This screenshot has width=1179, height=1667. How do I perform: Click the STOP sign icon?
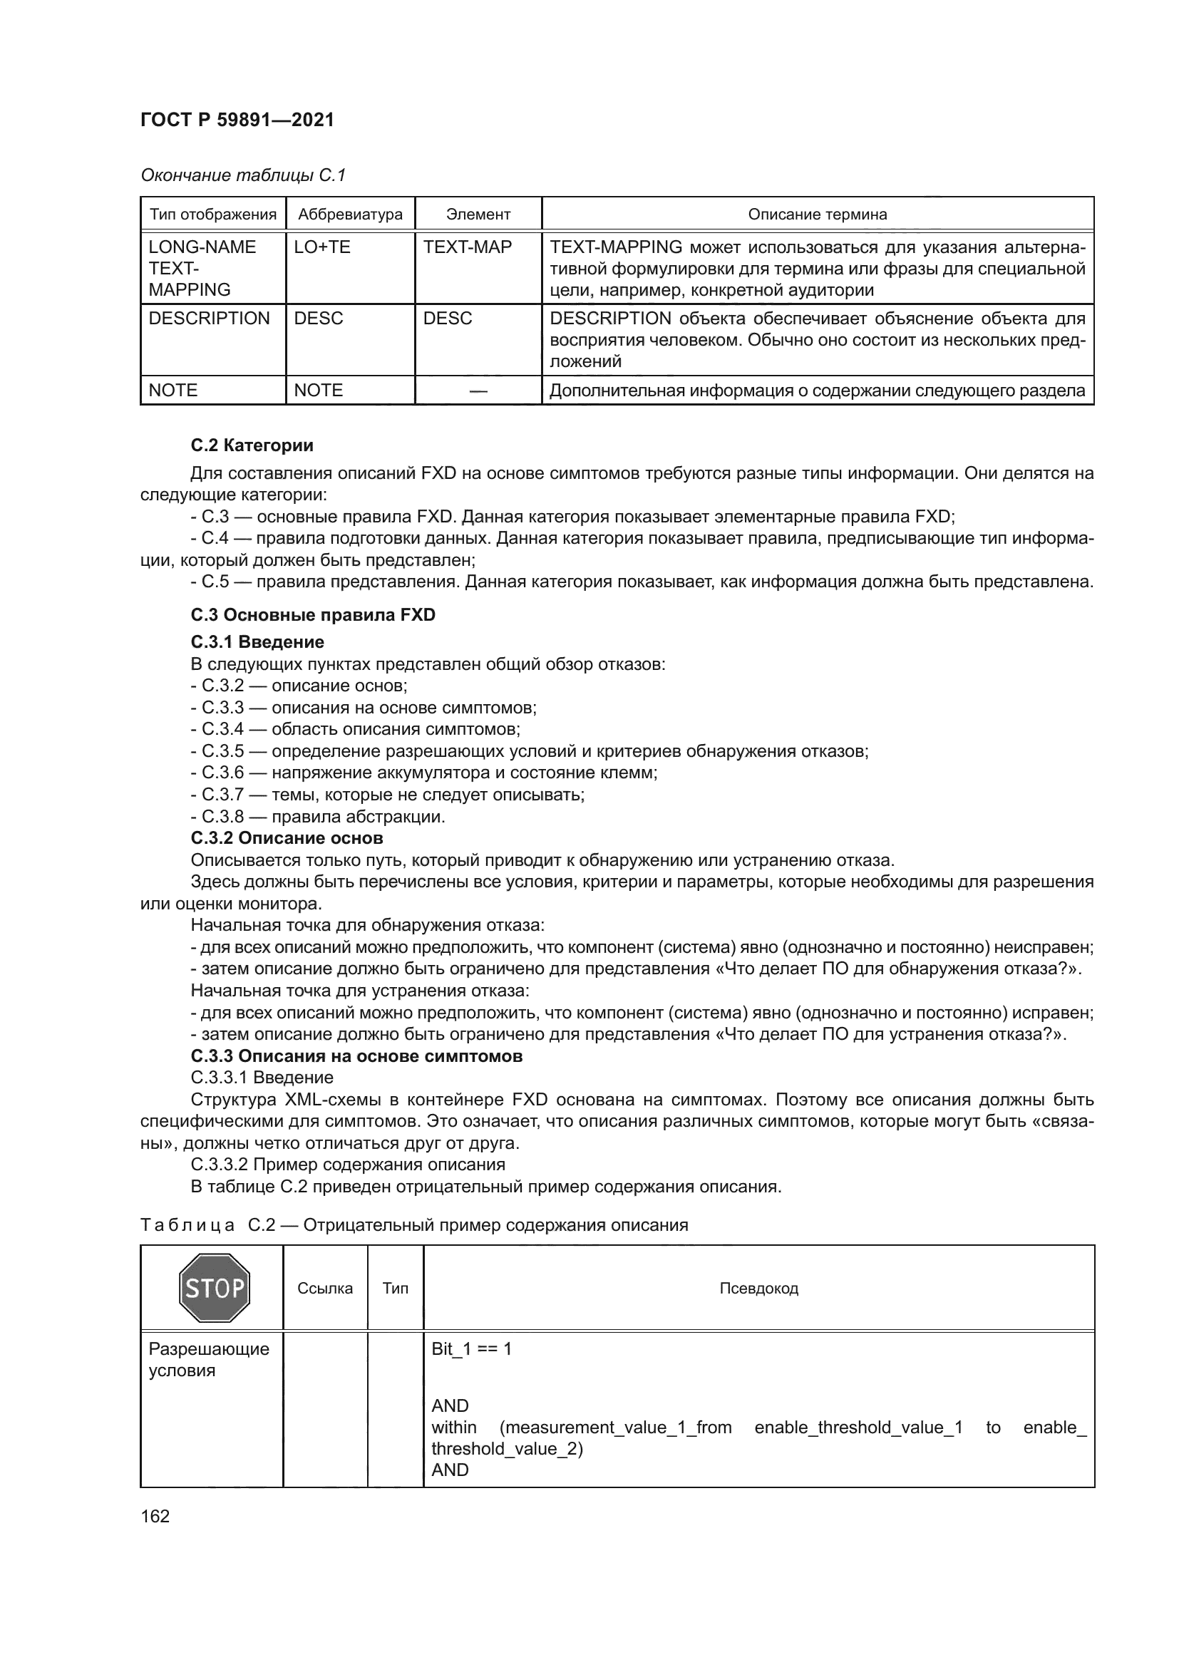tap(214, 1288)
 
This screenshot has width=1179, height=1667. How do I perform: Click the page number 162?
tap(155, 1516)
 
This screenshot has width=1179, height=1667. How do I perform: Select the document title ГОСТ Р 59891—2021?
tap(237, 120)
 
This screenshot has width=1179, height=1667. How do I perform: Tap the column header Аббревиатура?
tap(350, 215)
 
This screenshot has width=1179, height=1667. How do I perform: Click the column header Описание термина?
tap(818, 215)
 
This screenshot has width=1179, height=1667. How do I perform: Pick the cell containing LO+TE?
tap(321, 247)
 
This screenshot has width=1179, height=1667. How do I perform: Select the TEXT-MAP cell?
tap(468, 247)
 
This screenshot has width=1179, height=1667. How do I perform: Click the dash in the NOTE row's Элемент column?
tap(478, 391)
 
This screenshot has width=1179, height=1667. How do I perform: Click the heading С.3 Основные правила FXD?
tap(313, 614)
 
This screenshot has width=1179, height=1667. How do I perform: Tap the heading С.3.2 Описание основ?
tap(287, 838)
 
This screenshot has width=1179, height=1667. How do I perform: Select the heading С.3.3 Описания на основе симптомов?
tap(356, 1056)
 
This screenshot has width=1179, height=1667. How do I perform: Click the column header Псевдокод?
tap(758, 1288)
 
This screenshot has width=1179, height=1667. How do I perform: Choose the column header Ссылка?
tap(324, 1288)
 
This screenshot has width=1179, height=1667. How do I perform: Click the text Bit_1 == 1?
tap(471, 1349)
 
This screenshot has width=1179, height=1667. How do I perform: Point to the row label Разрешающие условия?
tap(208, 1359)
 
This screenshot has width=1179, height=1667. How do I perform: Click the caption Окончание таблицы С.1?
tap(243, 175)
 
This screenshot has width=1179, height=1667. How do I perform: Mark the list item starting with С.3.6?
tap(424, 773)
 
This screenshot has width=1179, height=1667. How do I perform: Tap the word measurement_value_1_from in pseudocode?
tap(616, 1428)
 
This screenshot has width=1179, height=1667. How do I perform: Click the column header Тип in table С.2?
tap(395, 1288)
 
